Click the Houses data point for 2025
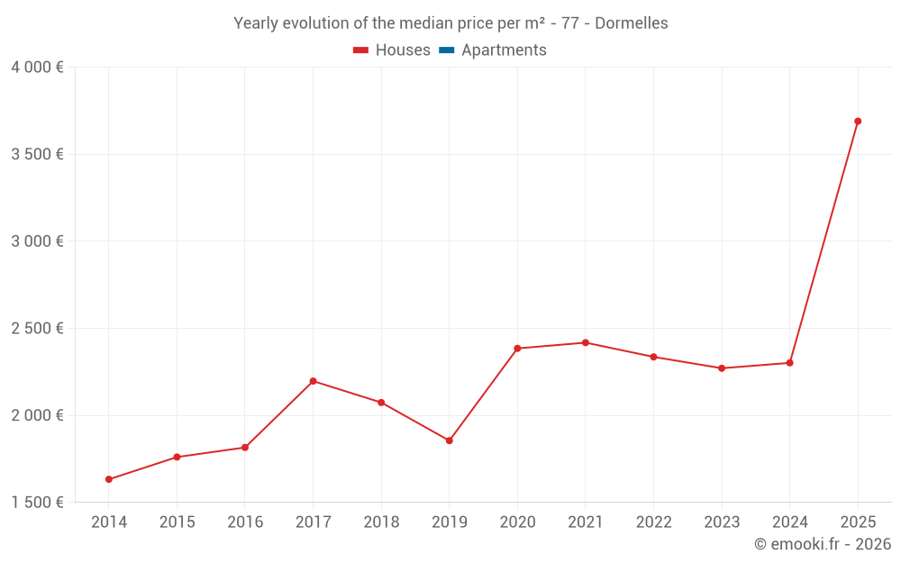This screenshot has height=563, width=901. [x=858, y=121]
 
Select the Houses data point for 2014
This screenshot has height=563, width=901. [x=109, y=479]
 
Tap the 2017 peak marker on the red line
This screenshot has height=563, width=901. [x=313, y=381]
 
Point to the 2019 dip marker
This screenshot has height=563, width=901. [x=449, y=440]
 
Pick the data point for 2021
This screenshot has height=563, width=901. [x=585, y=342]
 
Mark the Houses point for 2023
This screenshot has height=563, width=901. [x=722, y=368]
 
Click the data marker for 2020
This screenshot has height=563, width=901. [x=517, y=348]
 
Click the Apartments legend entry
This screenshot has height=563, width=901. [x=504, y=50]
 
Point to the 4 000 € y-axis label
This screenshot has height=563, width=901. [x=37, y=68]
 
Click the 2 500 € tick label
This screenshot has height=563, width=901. [x=37, y=329]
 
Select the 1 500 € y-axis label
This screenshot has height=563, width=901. [x=37, y=503]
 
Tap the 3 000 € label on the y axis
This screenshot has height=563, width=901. [x=37, y=241]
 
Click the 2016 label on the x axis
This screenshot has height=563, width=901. [x=245, y=522]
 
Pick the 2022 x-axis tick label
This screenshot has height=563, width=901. [x=653, y=522]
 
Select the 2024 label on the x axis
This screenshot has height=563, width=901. [x=789, y=522]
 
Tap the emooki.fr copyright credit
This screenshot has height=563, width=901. [x=823, y=544]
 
